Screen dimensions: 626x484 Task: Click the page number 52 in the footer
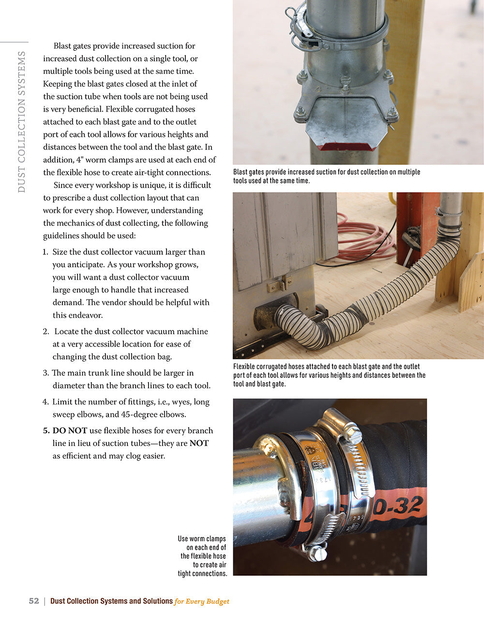coord(34,601)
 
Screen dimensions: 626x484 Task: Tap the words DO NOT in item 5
coord(70,431)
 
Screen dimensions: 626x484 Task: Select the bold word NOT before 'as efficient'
coord(198,443)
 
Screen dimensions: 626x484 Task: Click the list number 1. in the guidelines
coord(45,252)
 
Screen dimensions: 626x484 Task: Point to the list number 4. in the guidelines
coord(45,402)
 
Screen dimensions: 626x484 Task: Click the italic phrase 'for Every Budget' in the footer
coord(202,601)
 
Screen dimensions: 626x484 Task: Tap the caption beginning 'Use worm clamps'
coord(202,556)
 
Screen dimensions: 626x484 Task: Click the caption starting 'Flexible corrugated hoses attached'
coord(329,375)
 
